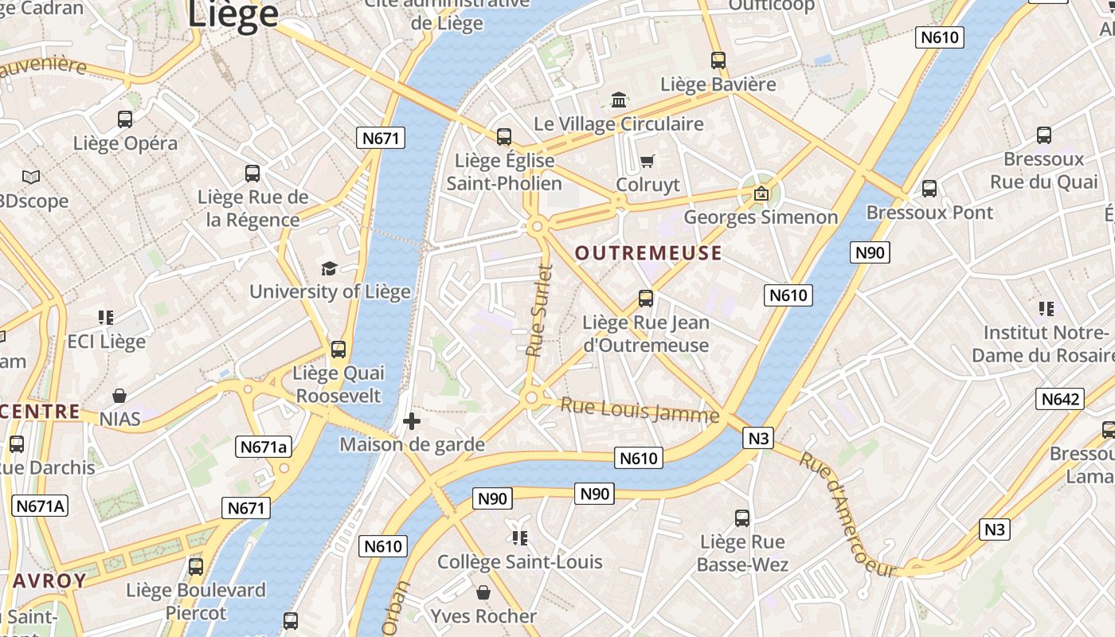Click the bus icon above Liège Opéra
125,119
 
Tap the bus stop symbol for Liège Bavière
718,60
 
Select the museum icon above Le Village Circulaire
619,100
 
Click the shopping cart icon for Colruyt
647,162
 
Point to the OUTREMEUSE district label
648,253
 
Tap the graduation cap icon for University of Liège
329,268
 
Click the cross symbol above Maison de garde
412,420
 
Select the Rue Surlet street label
539,311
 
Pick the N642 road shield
1060,399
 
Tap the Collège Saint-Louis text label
519,562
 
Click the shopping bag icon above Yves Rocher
483,592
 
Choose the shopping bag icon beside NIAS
119,396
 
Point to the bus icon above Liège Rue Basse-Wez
742,518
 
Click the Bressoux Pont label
929,213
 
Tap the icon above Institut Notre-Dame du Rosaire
1046,308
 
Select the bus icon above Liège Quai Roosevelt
338,349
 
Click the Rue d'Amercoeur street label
847,513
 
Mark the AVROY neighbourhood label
49,580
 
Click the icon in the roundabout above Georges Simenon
761,193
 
